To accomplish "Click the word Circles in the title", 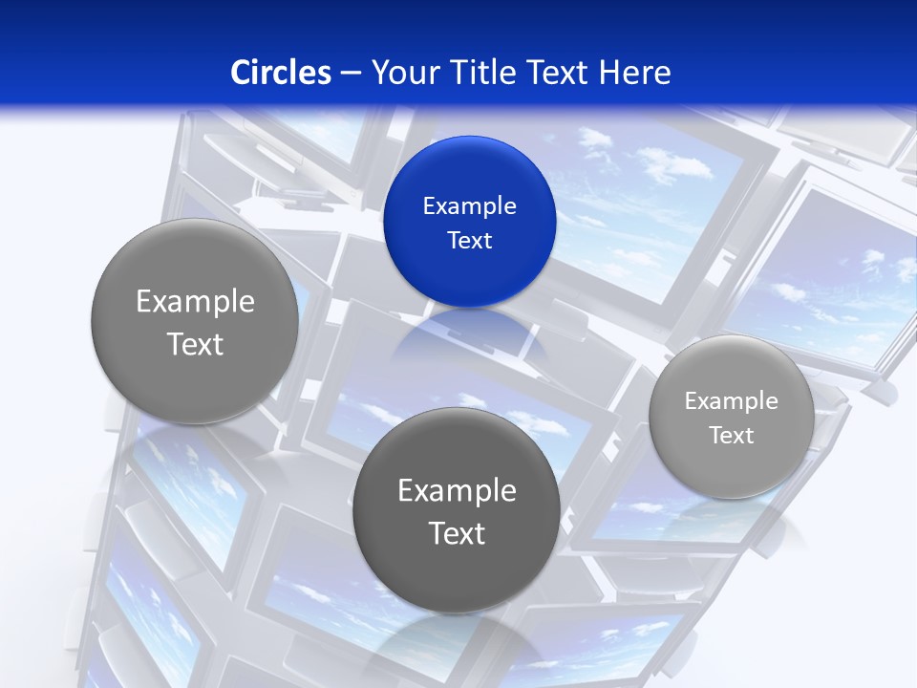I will click(280, 73).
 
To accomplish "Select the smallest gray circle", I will click(732, 417).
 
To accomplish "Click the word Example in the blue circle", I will click(470, 205).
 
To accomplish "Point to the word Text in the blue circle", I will click(470, 240).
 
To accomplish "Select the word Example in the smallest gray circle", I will click(732, 400).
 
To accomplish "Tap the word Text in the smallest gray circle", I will click(732, 435).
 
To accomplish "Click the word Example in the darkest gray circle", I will click(457, 491).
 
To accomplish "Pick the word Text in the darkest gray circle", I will click(457, 533).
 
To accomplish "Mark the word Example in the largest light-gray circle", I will click(195, 302).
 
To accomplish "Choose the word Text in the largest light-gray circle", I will click(195, 344).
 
